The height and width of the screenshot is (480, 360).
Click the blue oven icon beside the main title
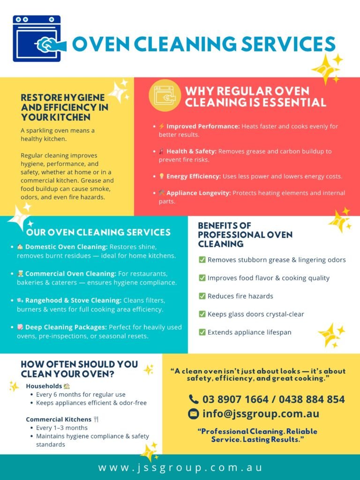[x=37, y=39]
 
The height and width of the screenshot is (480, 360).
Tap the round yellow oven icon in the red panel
[x=165, y=96]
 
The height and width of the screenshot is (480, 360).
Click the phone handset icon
[x=194, y=399]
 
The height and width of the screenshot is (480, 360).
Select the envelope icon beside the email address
[x=194, y=414]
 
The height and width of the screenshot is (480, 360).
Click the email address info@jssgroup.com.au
[x=261, y=414]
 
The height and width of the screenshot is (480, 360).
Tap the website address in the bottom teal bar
[x=180, y=467]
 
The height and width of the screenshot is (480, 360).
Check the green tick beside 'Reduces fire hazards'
[x=202, y=296]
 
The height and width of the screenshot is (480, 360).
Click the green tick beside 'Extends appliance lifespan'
[x=202, y=332]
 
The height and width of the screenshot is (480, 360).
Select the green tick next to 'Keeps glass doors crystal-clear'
[x=202, y=314]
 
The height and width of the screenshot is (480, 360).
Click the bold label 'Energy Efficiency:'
[x=194, y=176]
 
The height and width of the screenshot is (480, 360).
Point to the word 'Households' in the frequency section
[x=44, y=386]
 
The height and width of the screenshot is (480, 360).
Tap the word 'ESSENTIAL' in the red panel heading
[x=294, y=102]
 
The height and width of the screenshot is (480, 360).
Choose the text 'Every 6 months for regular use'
[x=81, y=395]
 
